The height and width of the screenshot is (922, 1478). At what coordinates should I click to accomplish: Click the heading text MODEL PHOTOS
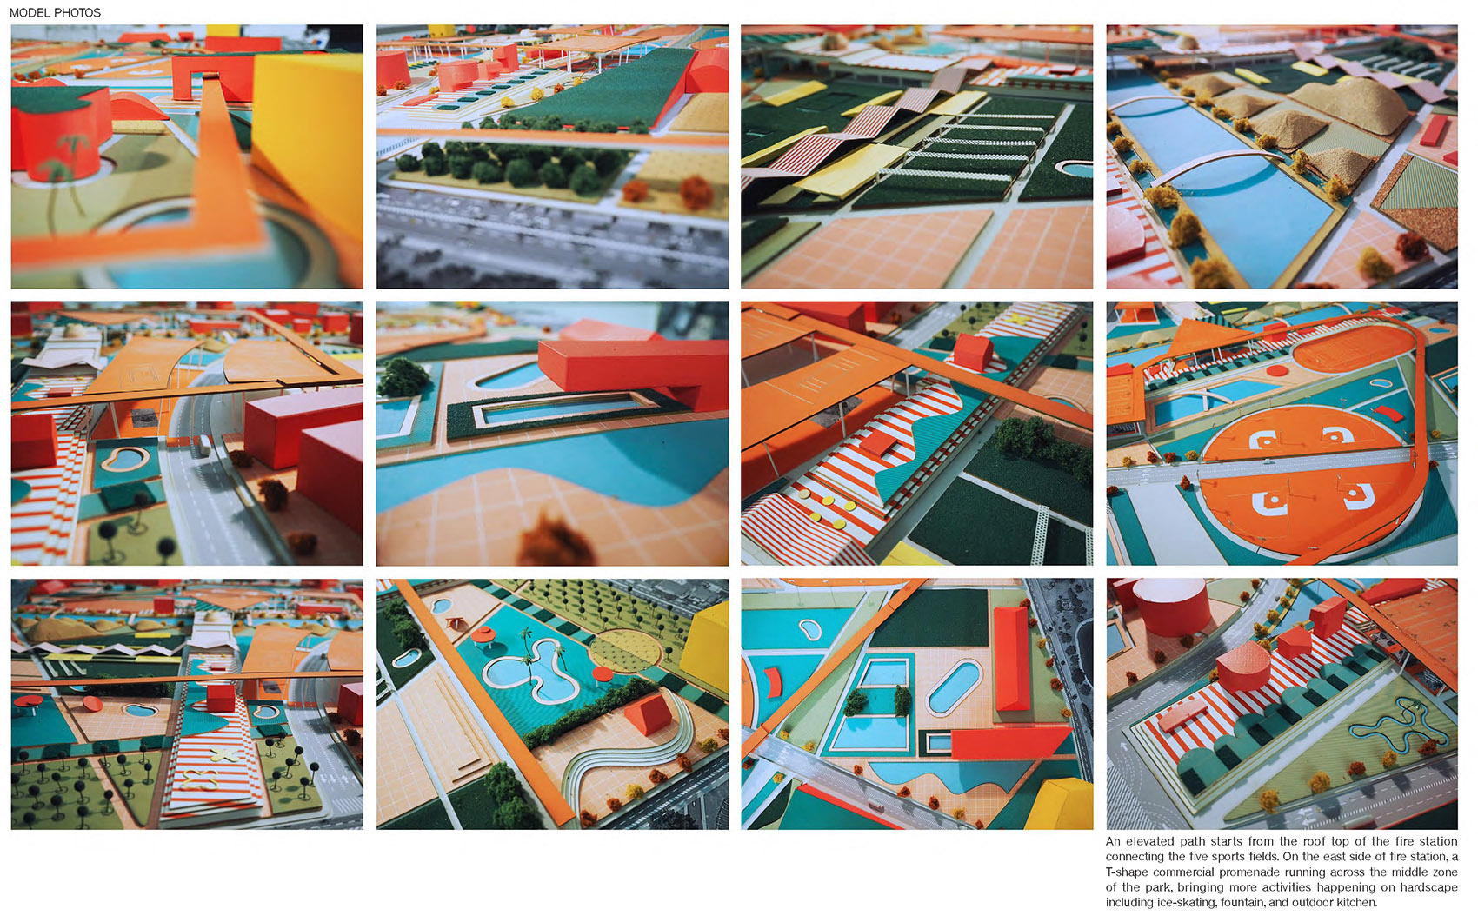tap(55, 12)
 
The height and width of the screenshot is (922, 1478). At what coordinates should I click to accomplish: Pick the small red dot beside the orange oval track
tap(1277, 371)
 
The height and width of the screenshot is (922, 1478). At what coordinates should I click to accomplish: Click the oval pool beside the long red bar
tap(954, 688)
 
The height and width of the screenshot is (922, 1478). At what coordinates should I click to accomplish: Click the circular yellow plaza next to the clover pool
tap(624, 651)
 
